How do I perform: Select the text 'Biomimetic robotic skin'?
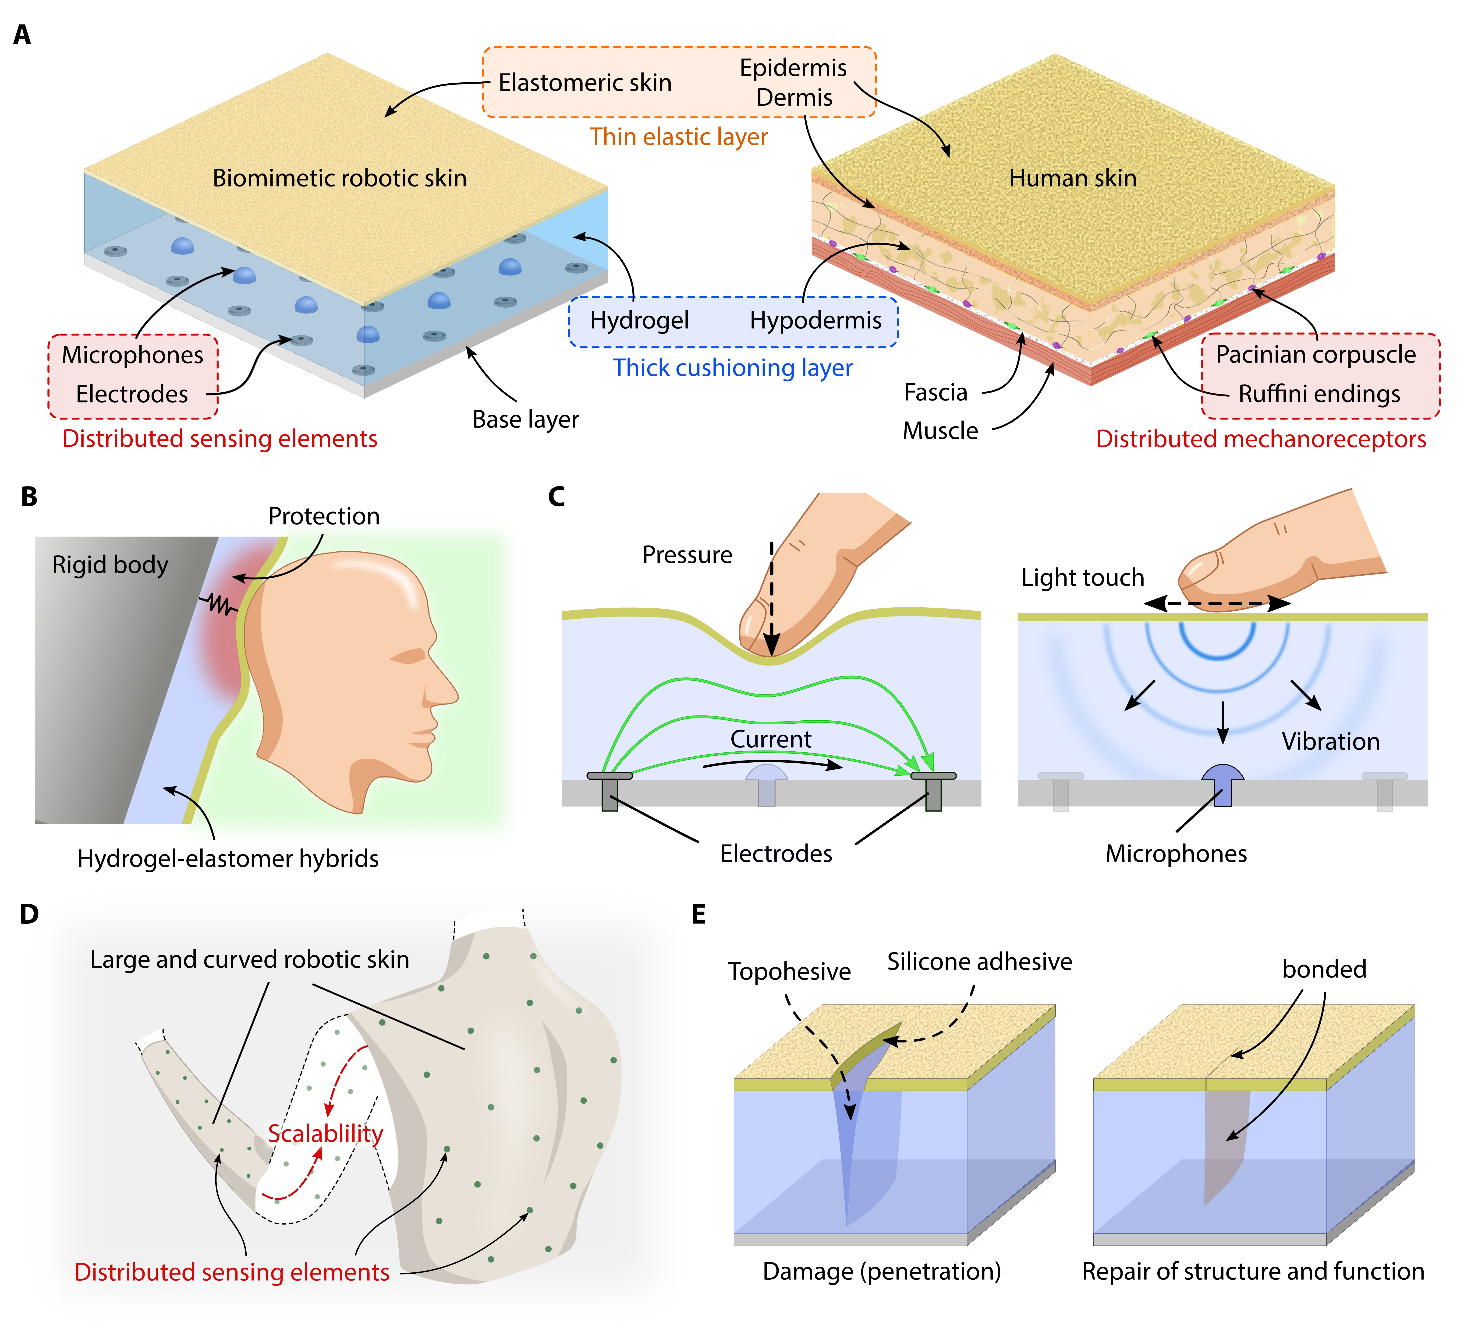339,178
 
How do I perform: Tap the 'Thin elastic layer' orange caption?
679,136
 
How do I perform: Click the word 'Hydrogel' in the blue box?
639,320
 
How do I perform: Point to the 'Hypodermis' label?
815,320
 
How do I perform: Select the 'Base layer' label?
525,419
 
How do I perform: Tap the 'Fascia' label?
936,392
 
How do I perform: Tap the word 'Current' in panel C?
770,739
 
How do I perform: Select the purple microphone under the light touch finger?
1223,782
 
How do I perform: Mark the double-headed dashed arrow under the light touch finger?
1216,603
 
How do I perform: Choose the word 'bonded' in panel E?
1324,969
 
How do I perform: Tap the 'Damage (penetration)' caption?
881,1272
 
